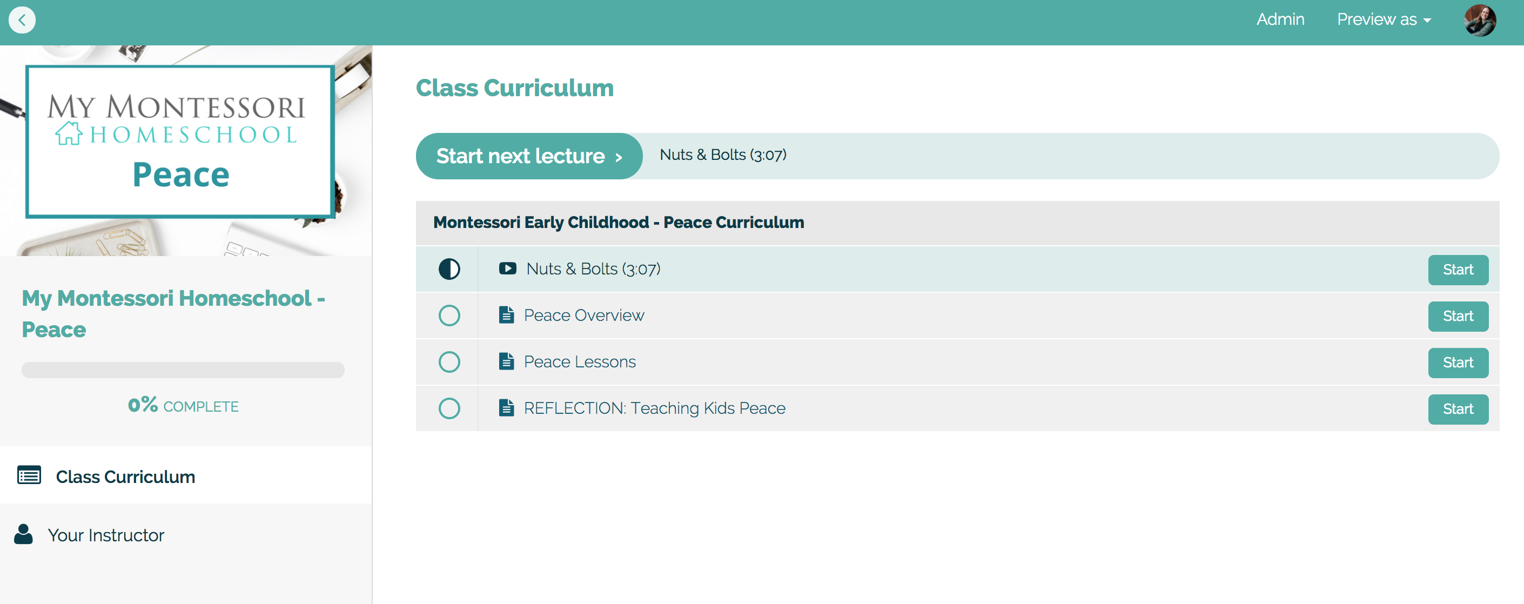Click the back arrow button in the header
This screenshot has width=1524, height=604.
22,20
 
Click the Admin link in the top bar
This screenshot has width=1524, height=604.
1280,19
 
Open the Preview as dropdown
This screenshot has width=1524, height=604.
1384,19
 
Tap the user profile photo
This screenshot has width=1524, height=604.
1480,20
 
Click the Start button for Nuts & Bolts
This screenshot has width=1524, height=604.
1458,270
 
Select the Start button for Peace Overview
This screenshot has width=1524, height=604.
1458,317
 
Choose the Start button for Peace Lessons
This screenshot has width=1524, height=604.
1458,363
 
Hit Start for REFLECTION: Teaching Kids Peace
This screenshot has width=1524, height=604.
1458,410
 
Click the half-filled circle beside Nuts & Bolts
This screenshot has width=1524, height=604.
449,269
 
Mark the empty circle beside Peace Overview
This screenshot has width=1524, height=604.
449,316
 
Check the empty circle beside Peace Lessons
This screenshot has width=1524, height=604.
449,362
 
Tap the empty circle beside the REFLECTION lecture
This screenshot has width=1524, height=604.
449,408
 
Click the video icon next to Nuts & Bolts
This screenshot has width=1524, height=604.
507,269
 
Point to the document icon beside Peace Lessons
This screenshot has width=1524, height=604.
506,361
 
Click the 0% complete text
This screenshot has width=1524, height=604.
183,405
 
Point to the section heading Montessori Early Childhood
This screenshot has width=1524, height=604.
618,223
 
